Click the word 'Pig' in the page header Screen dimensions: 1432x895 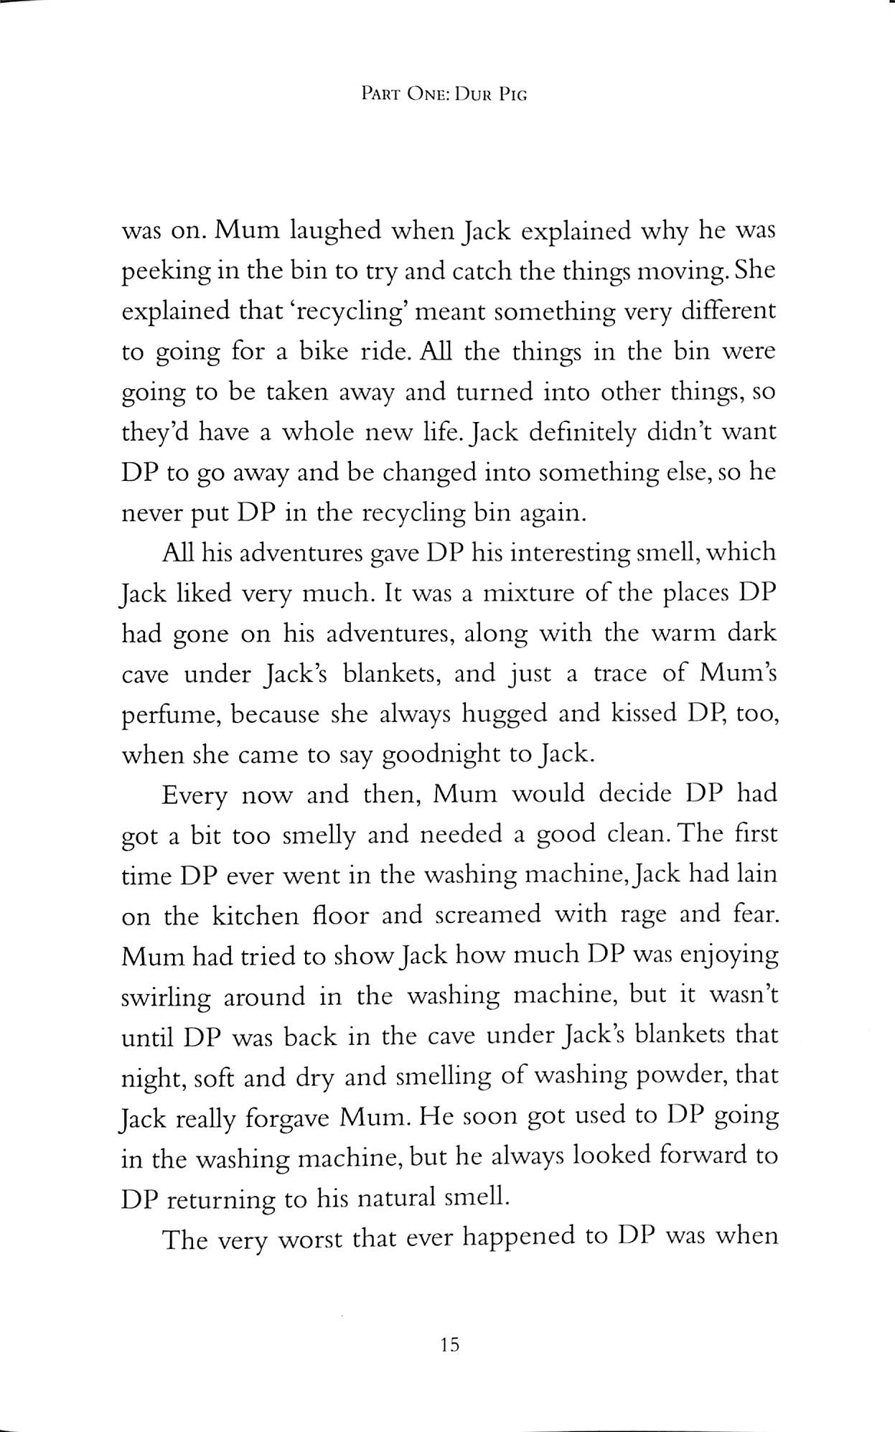point(512,94)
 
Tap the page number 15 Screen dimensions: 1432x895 point(449,1344)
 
